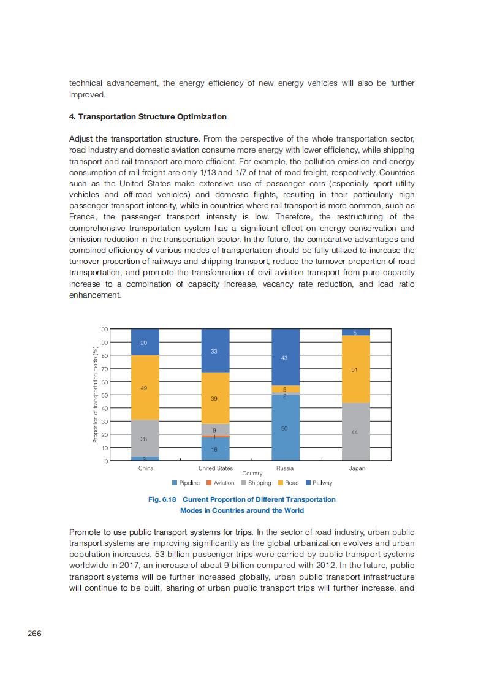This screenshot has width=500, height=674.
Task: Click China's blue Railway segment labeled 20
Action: click(145, 343)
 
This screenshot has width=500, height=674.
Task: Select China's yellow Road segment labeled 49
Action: click(145, 388)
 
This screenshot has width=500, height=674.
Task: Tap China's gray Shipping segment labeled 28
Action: click(145, 439)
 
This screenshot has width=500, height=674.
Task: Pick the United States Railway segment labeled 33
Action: click(215, 351)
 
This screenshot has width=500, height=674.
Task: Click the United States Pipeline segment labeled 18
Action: click(215, 449)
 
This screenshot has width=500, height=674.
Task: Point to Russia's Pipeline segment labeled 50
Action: click(285, 428)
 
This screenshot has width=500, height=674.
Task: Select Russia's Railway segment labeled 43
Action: click(285, 358)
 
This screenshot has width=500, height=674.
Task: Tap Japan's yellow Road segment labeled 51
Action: click(355, 369)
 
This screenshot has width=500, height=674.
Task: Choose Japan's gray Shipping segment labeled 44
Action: click(355, 432)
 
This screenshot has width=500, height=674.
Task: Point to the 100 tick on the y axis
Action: click(104, 330)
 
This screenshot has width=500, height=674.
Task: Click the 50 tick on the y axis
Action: click(105, 395)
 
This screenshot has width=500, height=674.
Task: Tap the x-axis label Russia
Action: click(285, 468)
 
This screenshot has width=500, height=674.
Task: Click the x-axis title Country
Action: click(252, 474)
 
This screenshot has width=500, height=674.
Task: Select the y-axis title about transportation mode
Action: click(96, 395)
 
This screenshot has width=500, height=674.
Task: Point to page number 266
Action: click(34, 634)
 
